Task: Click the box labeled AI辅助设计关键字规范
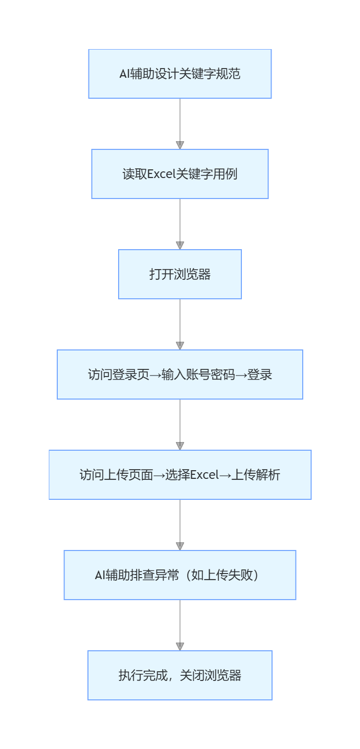[180, 74]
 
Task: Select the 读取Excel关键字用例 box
[180, 174]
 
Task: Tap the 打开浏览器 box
[180, 274]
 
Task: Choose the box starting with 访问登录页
[180, 375]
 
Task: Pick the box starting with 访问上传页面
[180, 475]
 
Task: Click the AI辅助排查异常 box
[180, 575]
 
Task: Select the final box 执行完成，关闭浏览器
[180, 675]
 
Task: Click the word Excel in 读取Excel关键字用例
[161, 174]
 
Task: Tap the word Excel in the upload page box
[204, 475]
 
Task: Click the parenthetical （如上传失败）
[224, 575]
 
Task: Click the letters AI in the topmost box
[124, 74]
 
